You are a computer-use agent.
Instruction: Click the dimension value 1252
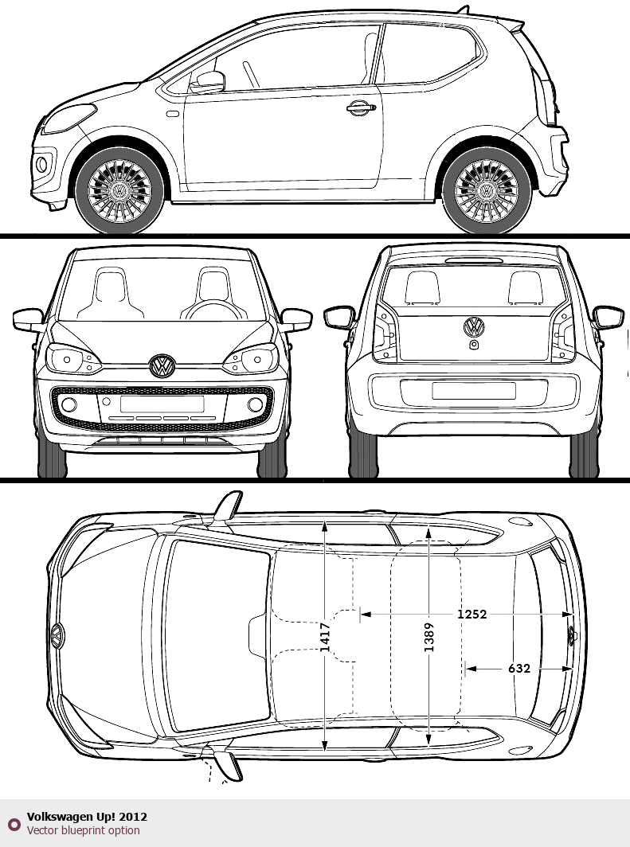point(472,615)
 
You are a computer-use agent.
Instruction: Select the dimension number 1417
point(325,638)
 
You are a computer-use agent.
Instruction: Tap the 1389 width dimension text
point(428,638)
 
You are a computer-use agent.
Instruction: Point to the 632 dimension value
point(518,669)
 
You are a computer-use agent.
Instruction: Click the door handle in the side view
point(361,107)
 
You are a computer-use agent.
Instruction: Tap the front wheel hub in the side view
point(119,191)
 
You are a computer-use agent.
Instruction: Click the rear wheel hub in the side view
point(487,191)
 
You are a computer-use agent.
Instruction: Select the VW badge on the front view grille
point(162,366)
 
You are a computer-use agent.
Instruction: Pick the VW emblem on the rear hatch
point(474,327)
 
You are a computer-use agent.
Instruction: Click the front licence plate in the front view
point(162,404)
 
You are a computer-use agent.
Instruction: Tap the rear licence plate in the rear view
point(474,391)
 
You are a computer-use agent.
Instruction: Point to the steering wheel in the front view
point(213,310)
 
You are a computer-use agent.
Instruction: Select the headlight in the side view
point(68,119)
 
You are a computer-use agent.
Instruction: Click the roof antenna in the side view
point(463,10)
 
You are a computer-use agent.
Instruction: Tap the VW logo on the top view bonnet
point(57,636)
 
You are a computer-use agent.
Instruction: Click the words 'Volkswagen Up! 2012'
point(87,817)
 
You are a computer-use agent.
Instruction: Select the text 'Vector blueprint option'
point(83,830)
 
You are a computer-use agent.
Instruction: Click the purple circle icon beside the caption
point(14,825)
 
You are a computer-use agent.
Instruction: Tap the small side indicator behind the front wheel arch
point(173,114)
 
